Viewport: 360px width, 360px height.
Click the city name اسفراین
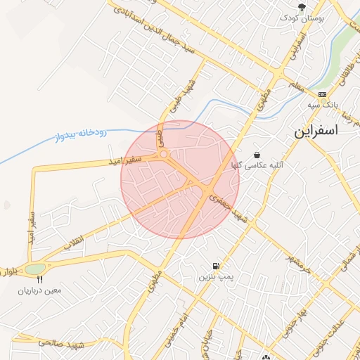(x=315, y=131)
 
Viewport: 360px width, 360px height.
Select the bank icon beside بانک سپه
(x=322, y=94)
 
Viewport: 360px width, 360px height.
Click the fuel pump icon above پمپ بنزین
(x=214, y=266)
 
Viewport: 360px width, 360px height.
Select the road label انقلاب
(x=74, y=239)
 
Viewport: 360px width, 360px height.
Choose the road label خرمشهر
(x=296, y=264)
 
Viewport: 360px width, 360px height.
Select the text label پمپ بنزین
(x=214, y=278)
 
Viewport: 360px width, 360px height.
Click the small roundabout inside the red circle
(x=163, y=154)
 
